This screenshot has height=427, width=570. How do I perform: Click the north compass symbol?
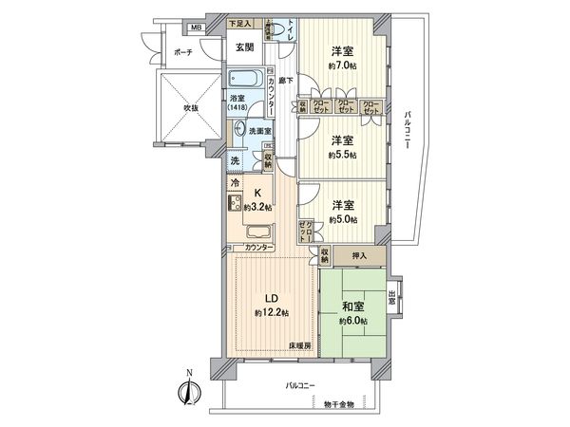[x=187, y=389]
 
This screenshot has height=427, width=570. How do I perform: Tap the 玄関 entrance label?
[x=243, y=47]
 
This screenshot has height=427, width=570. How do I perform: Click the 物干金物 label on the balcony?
[x=337, y=404]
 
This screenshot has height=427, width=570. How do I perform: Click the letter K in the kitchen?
[x=258, y=192]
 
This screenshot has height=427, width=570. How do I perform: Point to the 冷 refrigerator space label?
[x=234, y=180]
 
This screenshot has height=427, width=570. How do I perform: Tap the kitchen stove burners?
[x=234, y=203]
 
